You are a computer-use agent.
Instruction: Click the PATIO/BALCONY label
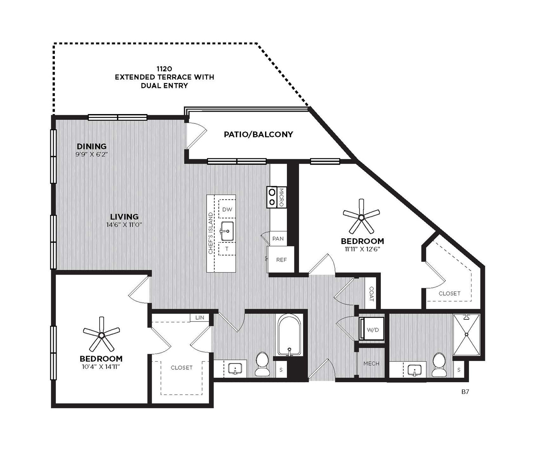258,134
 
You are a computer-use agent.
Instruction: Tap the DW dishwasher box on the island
227,209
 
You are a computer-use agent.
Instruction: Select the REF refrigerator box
281,260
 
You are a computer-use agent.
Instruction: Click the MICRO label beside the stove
281,198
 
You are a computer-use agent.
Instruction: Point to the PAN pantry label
278,239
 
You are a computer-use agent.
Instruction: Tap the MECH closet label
371,364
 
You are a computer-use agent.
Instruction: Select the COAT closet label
372,294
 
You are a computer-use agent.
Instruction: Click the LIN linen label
200,318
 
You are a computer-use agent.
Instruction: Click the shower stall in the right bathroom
466,335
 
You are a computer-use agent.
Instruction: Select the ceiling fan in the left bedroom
101,335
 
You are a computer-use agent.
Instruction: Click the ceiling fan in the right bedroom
361,217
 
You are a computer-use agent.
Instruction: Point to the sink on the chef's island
227,231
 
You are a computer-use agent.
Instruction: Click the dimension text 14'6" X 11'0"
124,225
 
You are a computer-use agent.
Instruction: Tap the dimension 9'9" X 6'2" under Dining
92,154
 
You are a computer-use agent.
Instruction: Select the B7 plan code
465,392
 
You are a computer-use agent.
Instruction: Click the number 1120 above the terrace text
165,69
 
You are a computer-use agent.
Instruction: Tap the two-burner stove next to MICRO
272,197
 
